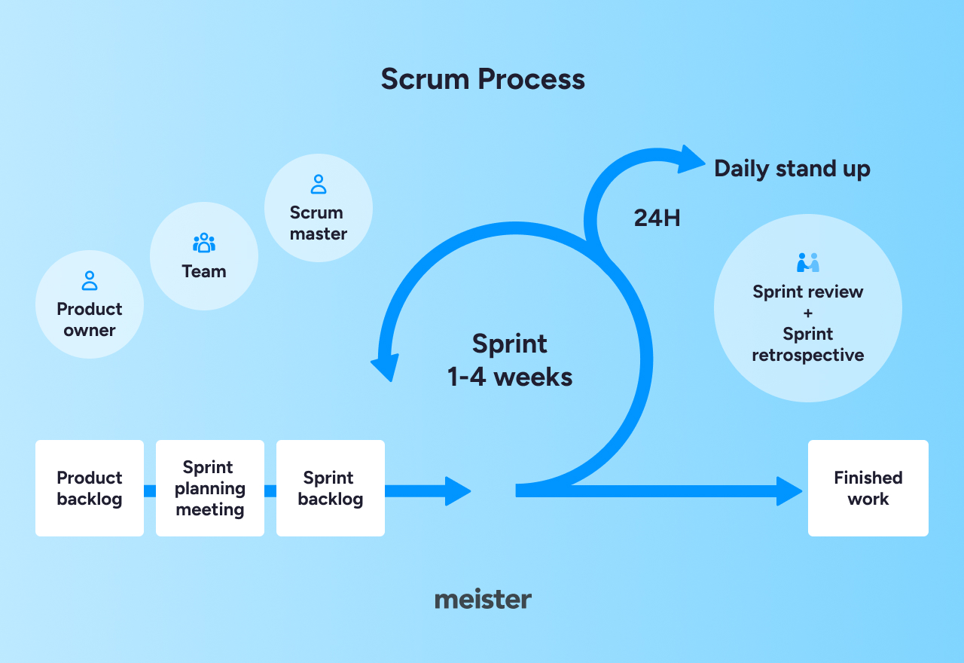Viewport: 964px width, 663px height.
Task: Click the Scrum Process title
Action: [x=483, y=79]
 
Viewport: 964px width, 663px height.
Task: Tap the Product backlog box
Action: [x=90, y=488]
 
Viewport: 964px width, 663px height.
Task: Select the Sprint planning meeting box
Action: [x=210, y=488]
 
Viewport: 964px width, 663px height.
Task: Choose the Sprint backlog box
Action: [x=331, y=488]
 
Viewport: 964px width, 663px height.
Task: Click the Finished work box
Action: [x=868, y=488]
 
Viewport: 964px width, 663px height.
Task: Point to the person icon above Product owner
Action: [x=90, y=281]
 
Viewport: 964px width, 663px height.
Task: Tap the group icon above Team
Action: [x=204, y=243]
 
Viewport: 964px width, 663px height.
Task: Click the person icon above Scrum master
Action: [x=319, y=185]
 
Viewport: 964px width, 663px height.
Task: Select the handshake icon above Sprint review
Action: [x=808, y=263]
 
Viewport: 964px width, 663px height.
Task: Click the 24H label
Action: [x=657, y=218]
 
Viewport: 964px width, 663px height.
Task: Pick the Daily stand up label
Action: [x=792, y=168]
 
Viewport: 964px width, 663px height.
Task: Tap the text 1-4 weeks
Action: [x=510, y=377]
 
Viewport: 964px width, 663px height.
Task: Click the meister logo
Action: [x=483, y=600]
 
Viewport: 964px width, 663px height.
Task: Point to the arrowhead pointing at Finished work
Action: [x=789, y=491]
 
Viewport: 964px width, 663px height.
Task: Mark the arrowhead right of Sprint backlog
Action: [x=458, y=491]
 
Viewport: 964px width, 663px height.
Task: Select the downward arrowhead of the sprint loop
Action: [x=385, y=367]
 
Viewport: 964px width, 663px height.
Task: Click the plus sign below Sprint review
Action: [x=808, y=313]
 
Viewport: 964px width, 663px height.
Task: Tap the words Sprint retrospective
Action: [x=808, y=344]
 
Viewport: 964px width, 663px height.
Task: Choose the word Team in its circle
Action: [x=204, y=271]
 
